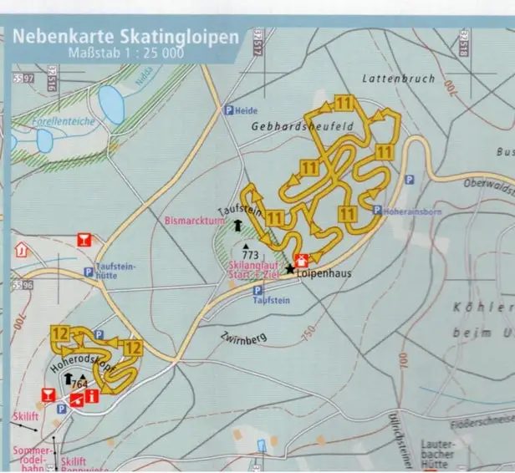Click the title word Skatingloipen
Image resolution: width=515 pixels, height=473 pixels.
click(186, 38)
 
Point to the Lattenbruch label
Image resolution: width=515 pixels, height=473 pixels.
click(398, 79)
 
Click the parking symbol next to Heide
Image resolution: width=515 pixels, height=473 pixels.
click(227, 110)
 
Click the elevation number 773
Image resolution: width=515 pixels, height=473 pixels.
click(250, 252)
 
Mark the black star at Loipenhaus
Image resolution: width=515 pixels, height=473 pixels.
click(290, 269)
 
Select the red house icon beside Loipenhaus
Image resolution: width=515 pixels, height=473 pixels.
click(300, 259)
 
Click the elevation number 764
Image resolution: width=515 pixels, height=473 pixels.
click(80, 384)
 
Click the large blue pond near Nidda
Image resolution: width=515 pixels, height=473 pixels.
click(111, 104)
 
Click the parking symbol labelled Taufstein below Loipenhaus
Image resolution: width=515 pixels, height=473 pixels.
click(257, 291)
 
